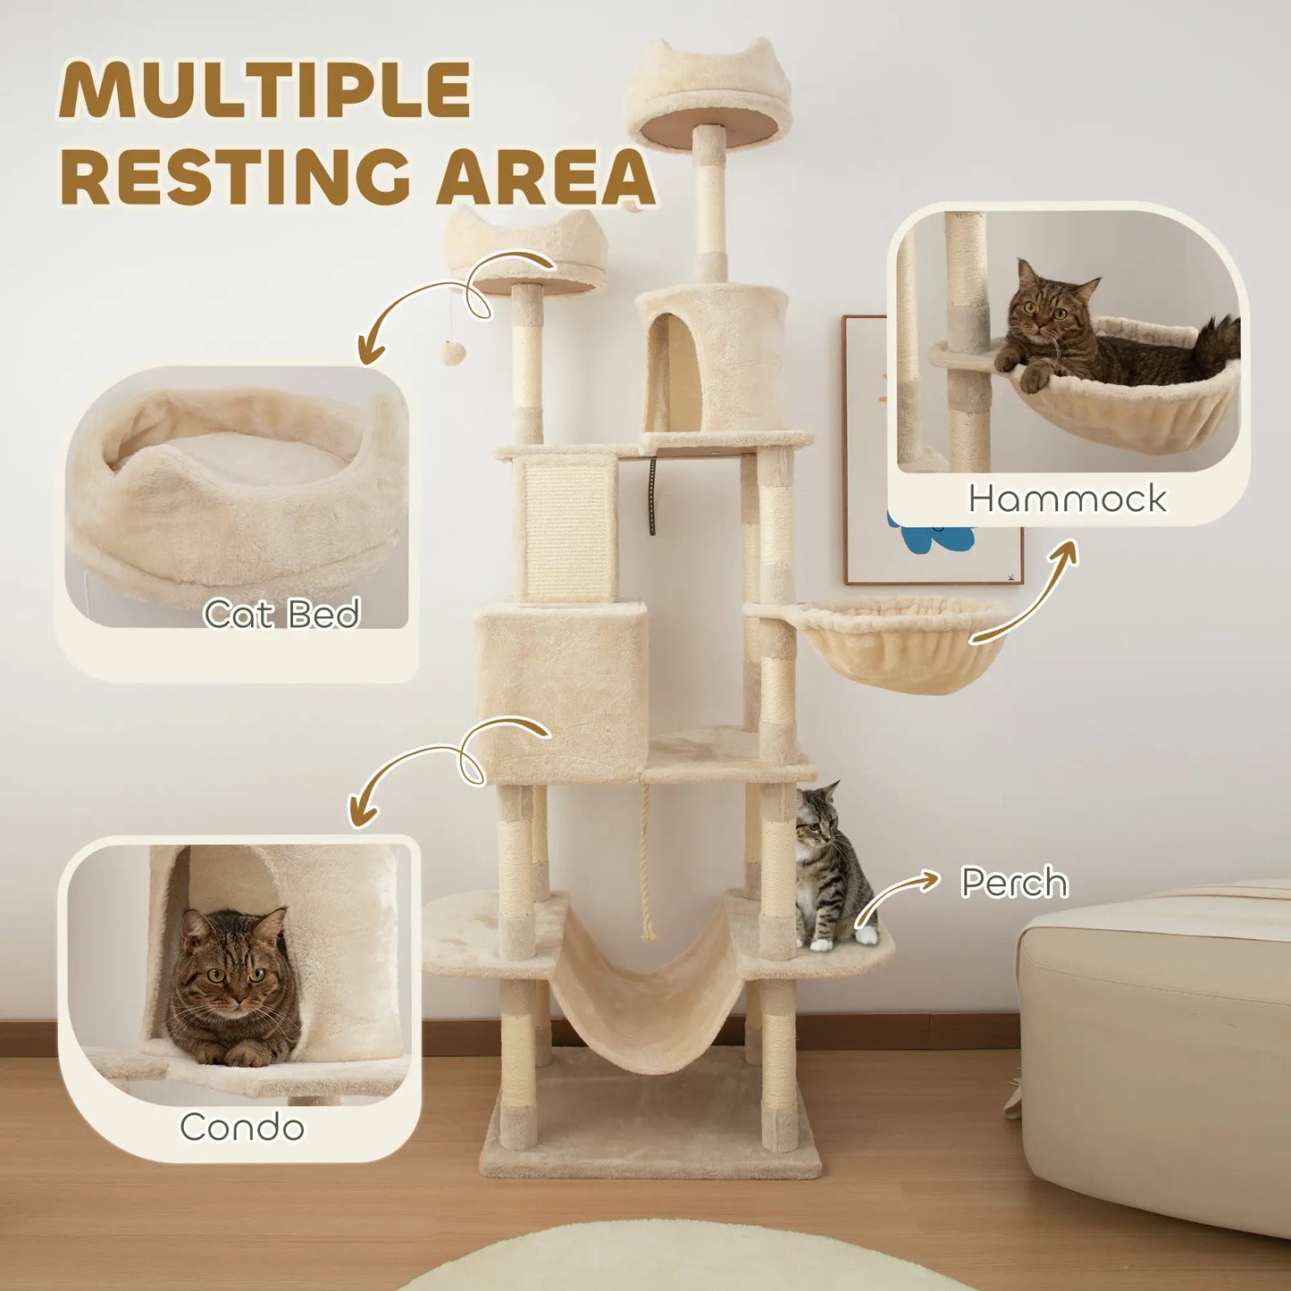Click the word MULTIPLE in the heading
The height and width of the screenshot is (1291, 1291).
point(265,90)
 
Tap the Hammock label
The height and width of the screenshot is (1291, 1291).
point(1068,499)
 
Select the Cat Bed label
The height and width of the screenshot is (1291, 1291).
point(281,614)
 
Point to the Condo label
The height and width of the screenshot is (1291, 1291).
point(242,1127)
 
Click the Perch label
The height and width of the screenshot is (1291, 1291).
point(1014,883)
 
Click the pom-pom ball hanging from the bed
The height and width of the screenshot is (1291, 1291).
point(451,351)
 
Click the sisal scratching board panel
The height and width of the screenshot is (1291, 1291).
point(569,529)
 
